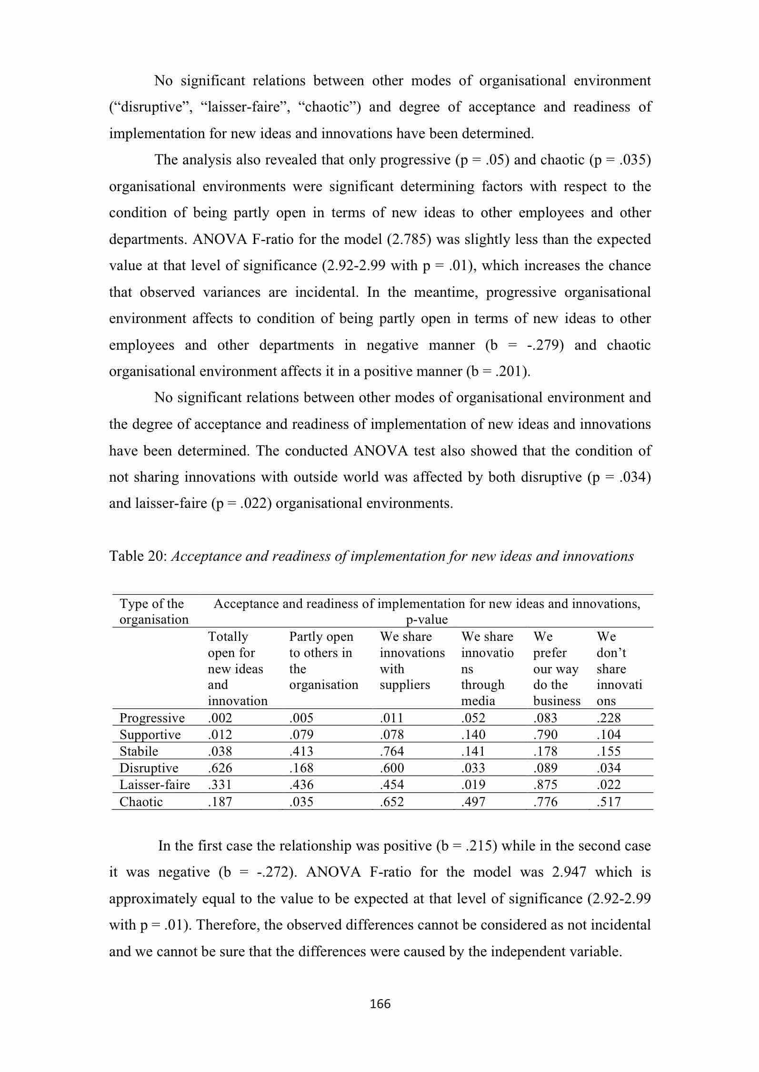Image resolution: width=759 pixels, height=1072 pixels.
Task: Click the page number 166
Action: click(380, 1004)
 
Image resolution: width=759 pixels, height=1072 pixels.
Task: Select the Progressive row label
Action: click(152, 718)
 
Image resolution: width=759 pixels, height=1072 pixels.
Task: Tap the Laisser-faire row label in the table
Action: click(154, 784)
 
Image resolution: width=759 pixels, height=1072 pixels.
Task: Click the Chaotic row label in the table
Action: click(141, 801)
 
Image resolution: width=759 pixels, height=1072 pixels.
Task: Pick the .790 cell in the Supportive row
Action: click(545, 734)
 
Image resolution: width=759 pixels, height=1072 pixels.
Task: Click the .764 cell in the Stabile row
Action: click(391, 751)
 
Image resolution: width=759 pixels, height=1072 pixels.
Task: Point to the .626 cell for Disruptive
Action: click(220, 768)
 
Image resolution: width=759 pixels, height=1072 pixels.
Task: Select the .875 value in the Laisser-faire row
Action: click(545, 784)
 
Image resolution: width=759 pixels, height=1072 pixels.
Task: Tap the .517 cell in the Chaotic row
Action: click(609, 801)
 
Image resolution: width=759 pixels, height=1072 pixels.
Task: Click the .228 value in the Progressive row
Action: click(609, 718)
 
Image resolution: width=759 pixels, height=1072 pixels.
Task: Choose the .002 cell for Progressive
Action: click(220, 718)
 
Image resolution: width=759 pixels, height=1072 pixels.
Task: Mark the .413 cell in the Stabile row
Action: click(301, 751)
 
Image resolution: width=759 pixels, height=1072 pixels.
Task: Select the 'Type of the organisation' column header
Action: click(154, 611)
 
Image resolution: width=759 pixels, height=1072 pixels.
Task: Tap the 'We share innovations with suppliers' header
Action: click(412, 660)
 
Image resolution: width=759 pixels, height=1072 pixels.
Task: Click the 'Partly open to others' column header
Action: click(323, 660)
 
